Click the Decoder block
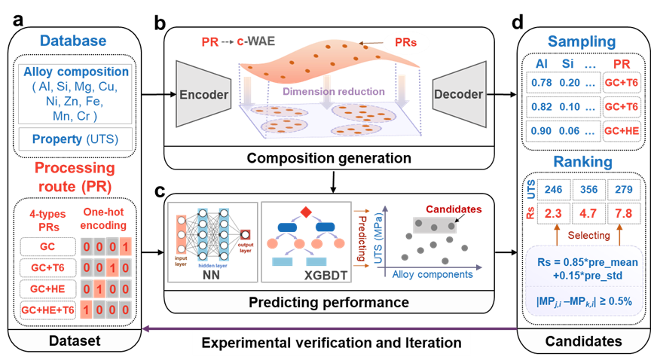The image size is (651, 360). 458,96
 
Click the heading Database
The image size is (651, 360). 72,41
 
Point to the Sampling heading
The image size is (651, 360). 581,41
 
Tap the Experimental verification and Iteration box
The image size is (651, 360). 332,343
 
